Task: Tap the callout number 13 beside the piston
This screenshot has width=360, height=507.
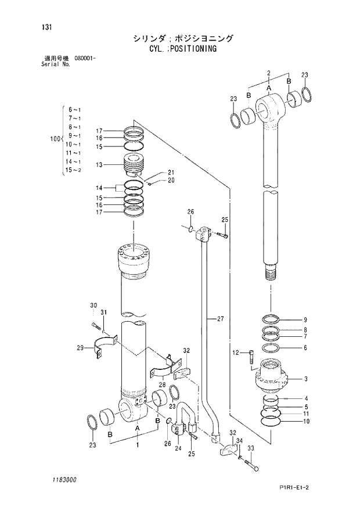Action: pyautogui.click(x=99, y=165)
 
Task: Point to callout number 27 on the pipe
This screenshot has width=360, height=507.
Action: pyautogui.click(x=220, y=319)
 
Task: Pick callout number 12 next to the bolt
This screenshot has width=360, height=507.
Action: pyautogui.click(x=236, y=352)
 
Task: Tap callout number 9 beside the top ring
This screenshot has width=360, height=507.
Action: pyautogui.click(x=305, y=319)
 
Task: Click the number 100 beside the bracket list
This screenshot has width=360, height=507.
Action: pyautogui.click(x=55, y=139)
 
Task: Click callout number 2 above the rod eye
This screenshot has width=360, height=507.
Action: pyautogui.click(x=269, y=72)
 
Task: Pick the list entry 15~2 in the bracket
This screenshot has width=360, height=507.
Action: pyautogui.click(x=74, y=170)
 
